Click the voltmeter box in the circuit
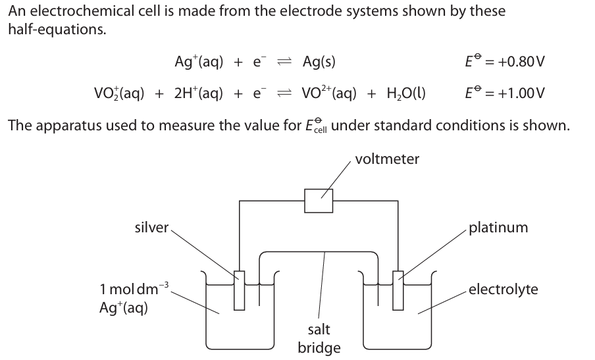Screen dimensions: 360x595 tap(319, 200)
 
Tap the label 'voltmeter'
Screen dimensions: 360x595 tap(386, 159)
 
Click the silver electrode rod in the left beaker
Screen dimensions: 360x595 tap(239, 290)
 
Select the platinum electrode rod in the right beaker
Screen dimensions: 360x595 tap(398, 290)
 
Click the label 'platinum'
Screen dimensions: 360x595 tap(498, 228)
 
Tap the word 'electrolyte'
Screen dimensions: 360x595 tap(503, 289)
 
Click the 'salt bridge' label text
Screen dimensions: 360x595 tap(319, 338)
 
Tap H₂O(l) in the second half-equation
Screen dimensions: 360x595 tap(399, 93)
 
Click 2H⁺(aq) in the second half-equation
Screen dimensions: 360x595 tap(196, 93)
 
